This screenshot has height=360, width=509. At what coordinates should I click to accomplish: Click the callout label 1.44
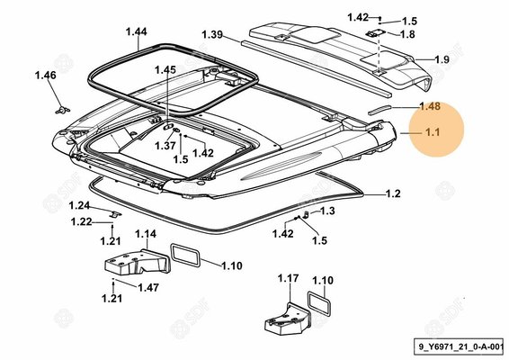point(137,31)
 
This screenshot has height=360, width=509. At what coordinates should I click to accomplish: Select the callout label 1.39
point(212,34)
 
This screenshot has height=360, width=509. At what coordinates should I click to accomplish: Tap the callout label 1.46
point(46,75)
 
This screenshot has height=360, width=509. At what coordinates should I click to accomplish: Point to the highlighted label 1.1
point(433,132)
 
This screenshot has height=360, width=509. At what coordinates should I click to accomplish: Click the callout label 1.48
point(430,106)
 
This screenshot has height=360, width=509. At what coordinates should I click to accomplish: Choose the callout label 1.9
point(442,59)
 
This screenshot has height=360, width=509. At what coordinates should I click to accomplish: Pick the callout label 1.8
point(407,34)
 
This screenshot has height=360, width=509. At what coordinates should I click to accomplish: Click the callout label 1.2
point(393,193)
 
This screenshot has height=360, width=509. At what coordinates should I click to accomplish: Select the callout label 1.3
point(327,211)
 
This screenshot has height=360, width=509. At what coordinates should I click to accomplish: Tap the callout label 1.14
point(146,234)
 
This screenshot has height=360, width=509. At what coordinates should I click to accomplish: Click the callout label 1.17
point(289,278)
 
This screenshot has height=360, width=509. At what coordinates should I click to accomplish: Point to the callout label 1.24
point(79,206)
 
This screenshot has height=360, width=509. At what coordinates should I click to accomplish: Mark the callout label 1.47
point(148,287)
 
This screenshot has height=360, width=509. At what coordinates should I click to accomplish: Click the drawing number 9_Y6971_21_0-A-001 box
point(459,346)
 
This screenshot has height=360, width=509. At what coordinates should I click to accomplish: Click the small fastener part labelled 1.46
point(62,110)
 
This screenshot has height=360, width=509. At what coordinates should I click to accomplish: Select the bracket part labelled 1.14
point(137,262)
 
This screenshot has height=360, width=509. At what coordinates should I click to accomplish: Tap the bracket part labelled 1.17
point(288,319)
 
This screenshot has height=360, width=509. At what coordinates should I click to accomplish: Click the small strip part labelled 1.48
point(380,110)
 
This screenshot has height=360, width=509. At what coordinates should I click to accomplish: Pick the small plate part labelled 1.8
point(375,33)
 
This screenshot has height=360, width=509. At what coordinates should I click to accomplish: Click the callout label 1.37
point(165,146)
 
